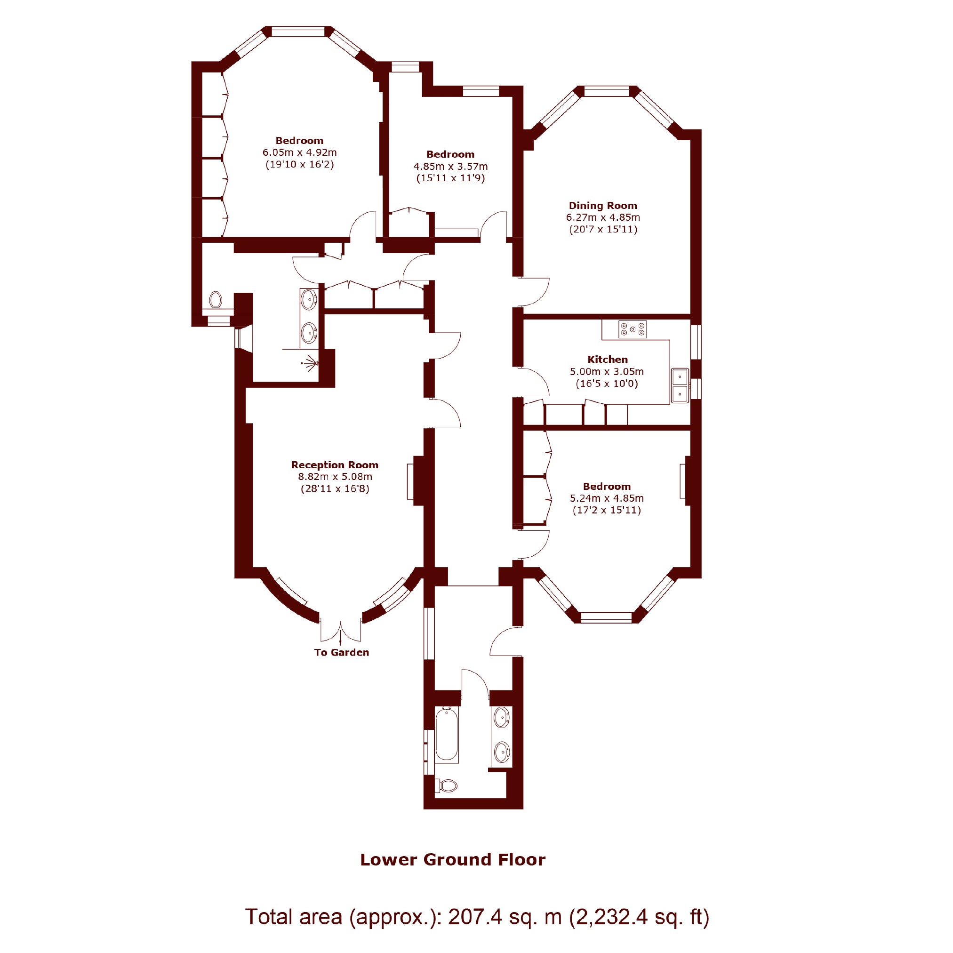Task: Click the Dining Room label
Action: click(603, 205)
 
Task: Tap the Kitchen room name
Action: click(607, 359)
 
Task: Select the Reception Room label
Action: click(335, 464)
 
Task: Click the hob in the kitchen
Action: click(633, 329)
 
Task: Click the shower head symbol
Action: click(310, 363)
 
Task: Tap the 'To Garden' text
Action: click(341, 652)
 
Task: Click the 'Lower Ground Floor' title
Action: click(453, 859)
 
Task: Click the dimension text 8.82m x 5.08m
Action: click(335, 476)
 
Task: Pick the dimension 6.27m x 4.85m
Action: click(603, 217)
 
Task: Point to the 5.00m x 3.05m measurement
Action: click(607, 371)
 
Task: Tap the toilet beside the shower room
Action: click(216, 300)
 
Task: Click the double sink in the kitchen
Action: click(680, 385)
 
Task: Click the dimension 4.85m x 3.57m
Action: click(450, 166)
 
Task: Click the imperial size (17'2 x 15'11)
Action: click(607, 510)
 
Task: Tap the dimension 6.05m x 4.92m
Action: click(299, 152)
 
